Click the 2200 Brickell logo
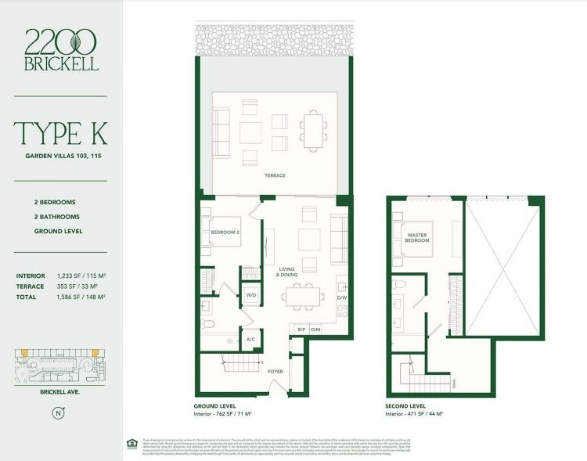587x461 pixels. pos(61,49)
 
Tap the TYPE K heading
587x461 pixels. pos(60,133)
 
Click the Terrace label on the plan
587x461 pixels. pos(275,175)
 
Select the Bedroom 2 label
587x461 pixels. pos(224,232)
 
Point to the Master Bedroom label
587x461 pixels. pos(416,236)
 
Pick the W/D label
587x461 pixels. pos(251,295)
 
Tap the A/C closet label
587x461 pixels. pos(250,340)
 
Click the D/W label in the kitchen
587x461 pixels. pos(341,298)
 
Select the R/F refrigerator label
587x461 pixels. pos(301,330)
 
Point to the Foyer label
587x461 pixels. pos(275,373)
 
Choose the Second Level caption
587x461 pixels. pos(406,407)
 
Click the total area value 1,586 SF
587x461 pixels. pos(81,297)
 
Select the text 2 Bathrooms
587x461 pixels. pos(56,216)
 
